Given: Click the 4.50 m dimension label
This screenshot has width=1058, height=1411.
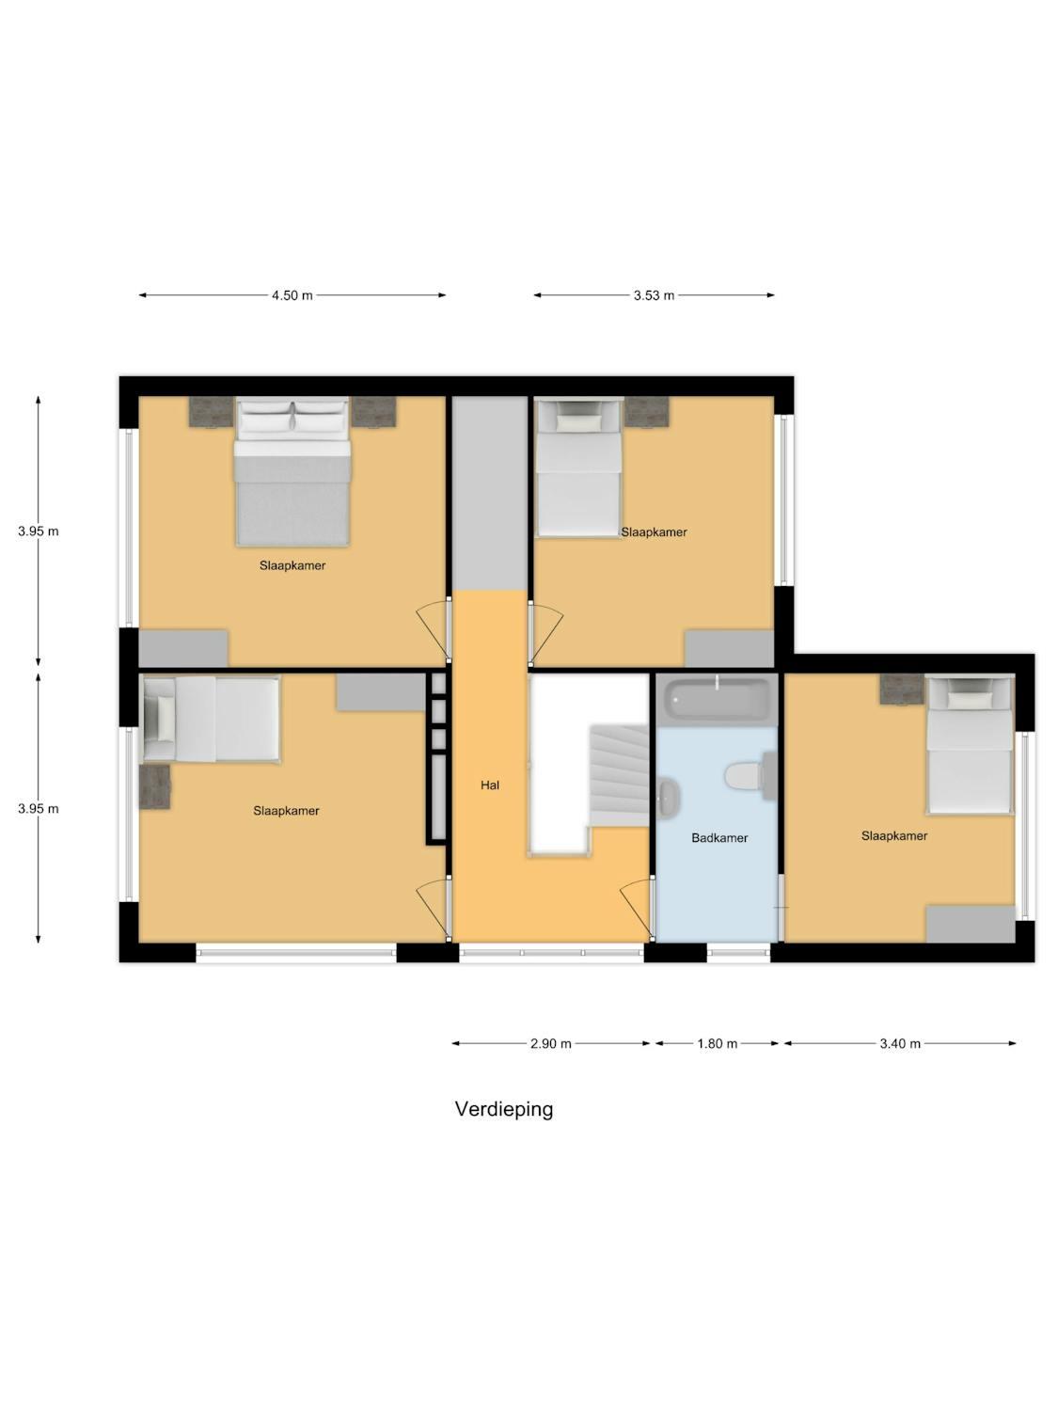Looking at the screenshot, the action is pos(292,295).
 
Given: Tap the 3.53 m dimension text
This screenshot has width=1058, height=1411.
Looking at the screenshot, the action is pos(654,295).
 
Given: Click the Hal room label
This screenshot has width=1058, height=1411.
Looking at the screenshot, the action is pos(489,785).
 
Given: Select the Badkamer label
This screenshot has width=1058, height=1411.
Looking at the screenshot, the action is pos(719,837).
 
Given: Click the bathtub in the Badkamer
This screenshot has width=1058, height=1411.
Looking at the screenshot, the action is pos(717,699).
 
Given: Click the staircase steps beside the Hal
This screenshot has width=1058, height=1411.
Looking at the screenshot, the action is pos(619,775).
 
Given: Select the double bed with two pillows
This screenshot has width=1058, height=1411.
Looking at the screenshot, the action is pos(292,471).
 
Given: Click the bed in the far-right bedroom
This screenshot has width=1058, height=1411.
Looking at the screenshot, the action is pos(970,744).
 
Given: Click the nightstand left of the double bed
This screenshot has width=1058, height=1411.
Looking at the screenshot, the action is pos(211,411).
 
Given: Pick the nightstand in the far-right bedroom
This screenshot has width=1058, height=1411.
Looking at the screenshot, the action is pos(902,690).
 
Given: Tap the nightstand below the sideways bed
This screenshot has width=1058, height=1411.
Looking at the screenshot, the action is pos(155,786).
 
